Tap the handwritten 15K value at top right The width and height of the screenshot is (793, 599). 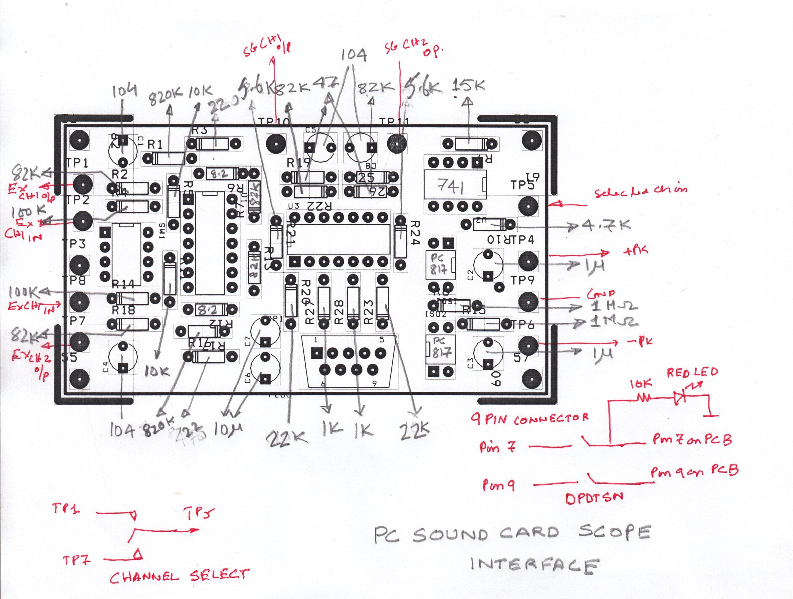pyautogui.click(x=469, y=86)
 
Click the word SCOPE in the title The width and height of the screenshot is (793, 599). pyautogui.click(x=614, y=533)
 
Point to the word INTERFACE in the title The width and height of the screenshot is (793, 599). pyautogui.click(x=534, y=565)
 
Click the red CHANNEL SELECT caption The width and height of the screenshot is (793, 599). pyautogui.click(x=179, y=576)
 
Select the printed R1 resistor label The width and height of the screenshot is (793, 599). pyautogui.click(x=155, y=145)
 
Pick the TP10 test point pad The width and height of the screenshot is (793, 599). pyautogui.click(x=276, y=143)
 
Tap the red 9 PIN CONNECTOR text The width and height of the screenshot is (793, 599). pyautogui.click(x=530, y=418)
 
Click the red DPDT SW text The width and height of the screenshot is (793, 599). pyautogui.click(x=594, y=498)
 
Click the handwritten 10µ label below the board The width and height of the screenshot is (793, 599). pyautogui.click(x=229, y=429)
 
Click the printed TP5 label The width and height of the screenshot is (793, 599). pyautogui.click(x=522, y=185)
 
